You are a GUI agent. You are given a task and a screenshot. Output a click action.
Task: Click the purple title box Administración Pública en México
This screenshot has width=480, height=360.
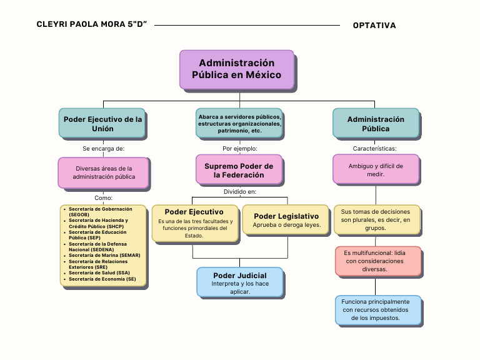236,69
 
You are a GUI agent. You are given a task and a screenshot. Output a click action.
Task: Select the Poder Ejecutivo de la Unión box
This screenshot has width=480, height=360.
103,124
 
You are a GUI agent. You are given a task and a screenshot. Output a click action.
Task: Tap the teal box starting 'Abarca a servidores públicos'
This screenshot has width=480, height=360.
239,124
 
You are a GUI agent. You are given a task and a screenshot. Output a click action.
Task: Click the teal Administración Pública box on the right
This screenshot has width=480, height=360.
376,124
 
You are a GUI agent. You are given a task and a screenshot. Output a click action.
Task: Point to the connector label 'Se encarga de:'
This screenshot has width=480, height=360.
103,149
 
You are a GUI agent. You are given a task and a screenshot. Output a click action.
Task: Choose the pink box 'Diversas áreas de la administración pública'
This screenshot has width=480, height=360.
104,172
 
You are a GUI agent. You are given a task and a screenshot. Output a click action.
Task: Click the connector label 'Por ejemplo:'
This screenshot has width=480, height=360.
240,149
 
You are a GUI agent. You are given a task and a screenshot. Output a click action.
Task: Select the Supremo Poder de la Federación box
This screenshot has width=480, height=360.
239,171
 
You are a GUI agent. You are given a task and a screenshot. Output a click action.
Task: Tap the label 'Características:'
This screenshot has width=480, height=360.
375,149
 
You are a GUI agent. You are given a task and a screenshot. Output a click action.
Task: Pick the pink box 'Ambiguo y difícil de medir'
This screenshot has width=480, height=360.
375,170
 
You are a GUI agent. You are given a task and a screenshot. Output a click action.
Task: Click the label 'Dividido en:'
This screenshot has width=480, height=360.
240,192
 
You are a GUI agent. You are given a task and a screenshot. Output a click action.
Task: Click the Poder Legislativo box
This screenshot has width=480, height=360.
286,220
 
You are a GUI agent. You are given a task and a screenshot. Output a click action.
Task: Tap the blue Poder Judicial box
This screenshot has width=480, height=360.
239,283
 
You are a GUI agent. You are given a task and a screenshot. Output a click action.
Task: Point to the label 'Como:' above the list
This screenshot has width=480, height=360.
103,197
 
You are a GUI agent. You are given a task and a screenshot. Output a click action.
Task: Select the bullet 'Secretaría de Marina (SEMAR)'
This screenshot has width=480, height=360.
104,255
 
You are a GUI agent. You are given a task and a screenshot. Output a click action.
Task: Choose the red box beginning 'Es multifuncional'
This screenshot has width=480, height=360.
377,261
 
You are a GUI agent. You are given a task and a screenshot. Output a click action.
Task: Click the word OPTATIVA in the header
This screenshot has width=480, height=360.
374,26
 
